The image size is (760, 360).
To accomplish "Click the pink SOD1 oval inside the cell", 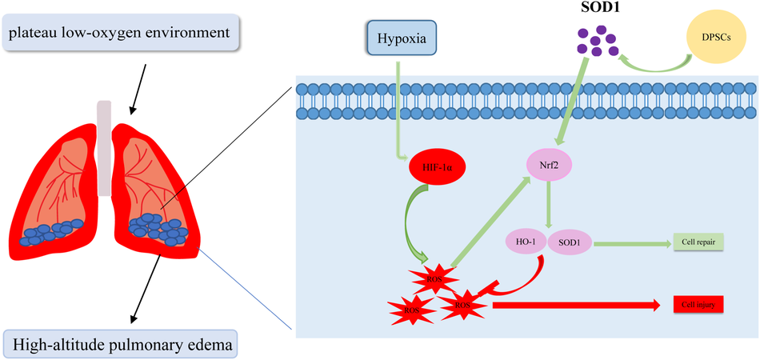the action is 570,240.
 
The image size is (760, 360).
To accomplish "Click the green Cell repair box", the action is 698,241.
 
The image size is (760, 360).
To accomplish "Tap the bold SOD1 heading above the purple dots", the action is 594,8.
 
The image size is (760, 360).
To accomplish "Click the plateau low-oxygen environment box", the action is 121,33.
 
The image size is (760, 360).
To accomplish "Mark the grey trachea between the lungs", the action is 104,148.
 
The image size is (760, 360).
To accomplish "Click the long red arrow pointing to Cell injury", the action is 576,306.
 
